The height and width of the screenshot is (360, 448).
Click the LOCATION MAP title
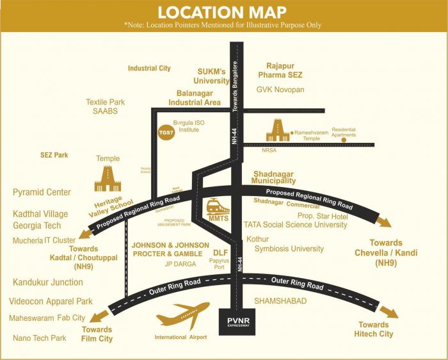(223, 12)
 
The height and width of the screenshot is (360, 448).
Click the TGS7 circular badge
(166, 128)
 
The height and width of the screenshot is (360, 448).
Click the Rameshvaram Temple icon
(278, 131)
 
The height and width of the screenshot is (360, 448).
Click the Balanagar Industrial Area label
(195, 97)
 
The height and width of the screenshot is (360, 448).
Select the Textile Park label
(106, 102)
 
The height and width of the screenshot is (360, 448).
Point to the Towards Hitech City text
(375, 329)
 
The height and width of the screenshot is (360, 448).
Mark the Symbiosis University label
(289, 249)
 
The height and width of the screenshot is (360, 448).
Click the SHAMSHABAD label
(280, 300)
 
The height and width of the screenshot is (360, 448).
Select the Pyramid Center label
(42, 192)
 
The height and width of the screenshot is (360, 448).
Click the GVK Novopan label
(280, 90)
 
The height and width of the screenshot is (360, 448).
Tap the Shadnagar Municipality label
(275, 177)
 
